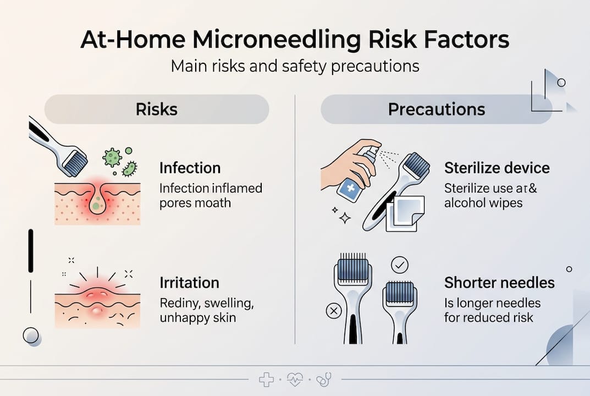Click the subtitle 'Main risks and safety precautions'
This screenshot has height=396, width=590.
tap(295, 67)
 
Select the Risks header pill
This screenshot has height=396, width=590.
tap(157, 109)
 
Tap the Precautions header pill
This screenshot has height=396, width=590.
tap(436, 109)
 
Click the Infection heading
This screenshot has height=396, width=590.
tap(190, 168)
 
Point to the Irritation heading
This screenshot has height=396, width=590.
tap(189, 283)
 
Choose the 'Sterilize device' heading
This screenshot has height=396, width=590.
tap(497, 168)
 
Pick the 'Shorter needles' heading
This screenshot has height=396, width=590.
tap(499, 283)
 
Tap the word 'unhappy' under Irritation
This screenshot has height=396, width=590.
tap(183, 318)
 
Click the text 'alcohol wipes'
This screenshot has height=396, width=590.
tap(483, 203)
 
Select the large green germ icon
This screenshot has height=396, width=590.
tap(112, 157)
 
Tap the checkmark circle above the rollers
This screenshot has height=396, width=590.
tap(399, 265)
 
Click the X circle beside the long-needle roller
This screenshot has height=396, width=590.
tap(333, 311)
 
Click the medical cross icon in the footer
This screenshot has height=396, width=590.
tap(266, 380)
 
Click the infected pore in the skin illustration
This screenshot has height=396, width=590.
tap(97, 205)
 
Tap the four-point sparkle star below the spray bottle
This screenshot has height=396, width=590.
tap(345, 218)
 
